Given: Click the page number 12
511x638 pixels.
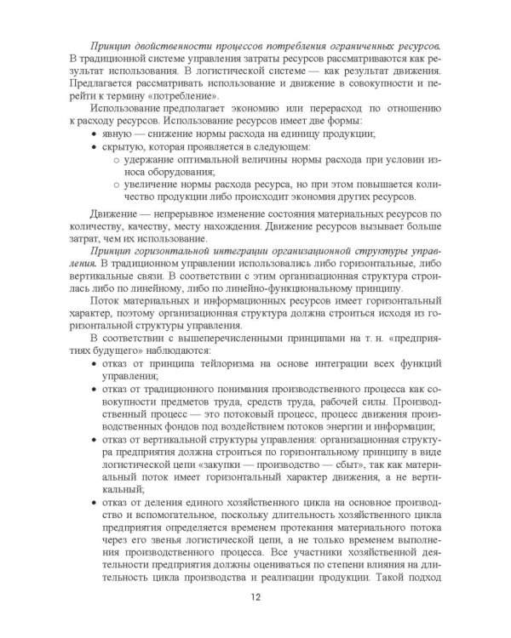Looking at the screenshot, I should pos(255,595).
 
